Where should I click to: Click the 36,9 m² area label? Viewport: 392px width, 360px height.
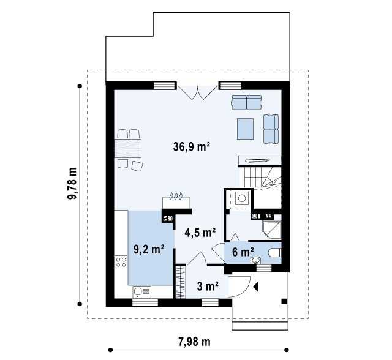coord(191,147)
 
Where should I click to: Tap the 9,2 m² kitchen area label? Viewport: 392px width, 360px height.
coord(149,249)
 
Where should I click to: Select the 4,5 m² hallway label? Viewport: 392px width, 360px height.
coord(200,233)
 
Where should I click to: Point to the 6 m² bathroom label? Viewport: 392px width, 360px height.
coord(243,252)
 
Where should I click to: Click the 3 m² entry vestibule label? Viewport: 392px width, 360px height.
coord(208,287)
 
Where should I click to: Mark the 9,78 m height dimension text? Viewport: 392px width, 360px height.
coord(72,184)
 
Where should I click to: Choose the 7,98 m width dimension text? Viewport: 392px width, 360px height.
coord(194,342)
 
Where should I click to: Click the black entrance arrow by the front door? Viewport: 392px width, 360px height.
coord(255,287)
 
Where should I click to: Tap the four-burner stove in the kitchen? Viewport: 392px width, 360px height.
coord(121,261)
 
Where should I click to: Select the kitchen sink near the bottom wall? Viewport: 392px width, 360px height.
coord(142,291)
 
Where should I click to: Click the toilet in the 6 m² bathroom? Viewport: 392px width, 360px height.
coord(275,252)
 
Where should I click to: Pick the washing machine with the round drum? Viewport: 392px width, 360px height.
coord(241,198)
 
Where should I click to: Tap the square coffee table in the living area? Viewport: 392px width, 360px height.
coord(245,129)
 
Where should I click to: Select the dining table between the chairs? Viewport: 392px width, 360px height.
coord(128,148)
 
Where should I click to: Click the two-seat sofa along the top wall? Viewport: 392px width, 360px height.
coord(247,102)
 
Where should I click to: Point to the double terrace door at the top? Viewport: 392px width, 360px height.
coord(197,92)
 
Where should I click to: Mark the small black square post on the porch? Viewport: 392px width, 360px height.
coord(284,302)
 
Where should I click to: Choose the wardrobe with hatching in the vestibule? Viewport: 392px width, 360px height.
coord(181,282)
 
